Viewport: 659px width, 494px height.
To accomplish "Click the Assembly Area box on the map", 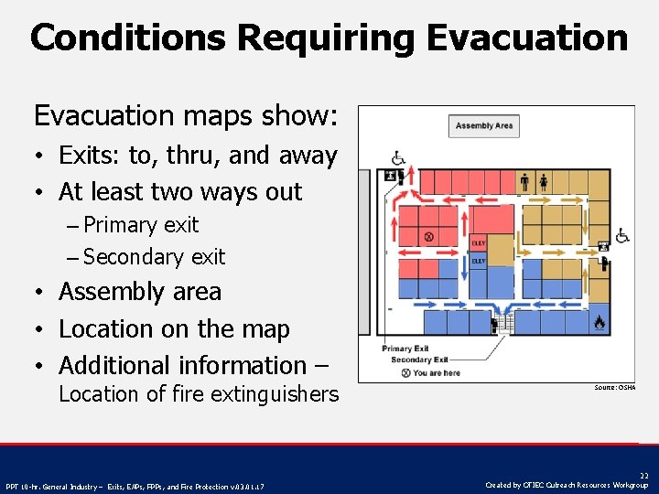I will pyautogui.click(x=484, y=125).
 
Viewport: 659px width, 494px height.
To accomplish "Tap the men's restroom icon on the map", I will pyautogui.click(x=524, y=181).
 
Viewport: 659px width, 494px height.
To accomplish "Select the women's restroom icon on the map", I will pyautogui.click(x=543, y=181).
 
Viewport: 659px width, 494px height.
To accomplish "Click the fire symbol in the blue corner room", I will pyautogui.click(x=600, y=322).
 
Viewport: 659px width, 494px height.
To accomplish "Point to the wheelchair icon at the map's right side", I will pyautogui.click(x=622, y=236).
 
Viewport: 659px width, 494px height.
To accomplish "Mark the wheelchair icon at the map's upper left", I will pyautogui.click(x=398, y=158).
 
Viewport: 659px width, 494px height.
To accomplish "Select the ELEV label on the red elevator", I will pyautogui.click(x=478, y=243).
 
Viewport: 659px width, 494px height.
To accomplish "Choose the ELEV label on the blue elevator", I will pyautogui.click(x=478, y=261).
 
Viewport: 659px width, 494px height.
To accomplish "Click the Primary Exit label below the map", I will pyautogui.click(x=405, y=349).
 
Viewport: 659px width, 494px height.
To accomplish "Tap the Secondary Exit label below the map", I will pyautogui.click(x=417, y=360).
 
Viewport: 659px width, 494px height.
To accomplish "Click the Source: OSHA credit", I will pyautogui.click(x=614, y=388).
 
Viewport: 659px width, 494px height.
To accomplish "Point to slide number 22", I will pyautogui.click(x=643, y=476).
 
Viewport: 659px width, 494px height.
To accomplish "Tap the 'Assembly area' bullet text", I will pyautogui.click(x=140, y=292).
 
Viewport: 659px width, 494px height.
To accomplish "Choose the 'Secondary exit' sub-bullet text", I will pyautogui.click(x=154, y=257).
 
